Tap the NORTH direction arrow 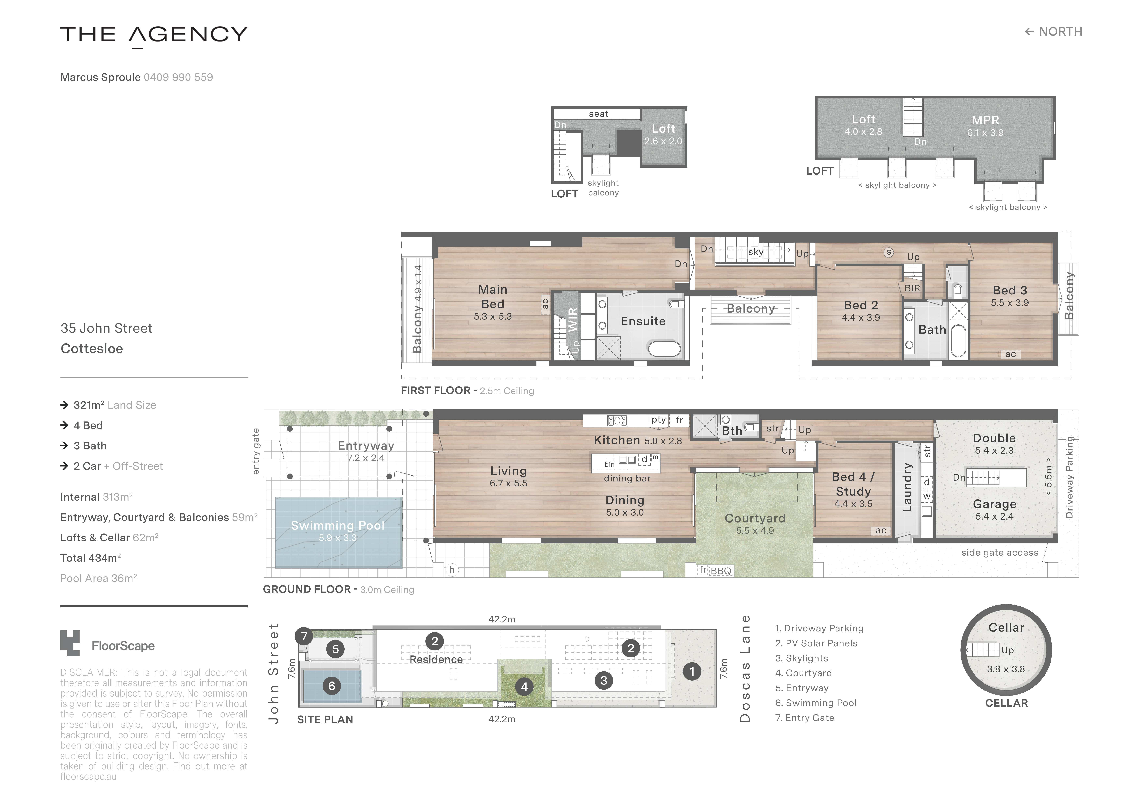(1029, 32)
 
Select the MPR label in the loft (985, 120)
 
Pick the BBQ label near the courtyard (721, 571)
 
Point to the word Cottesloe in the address (91, 349)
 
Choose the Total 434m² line (91, 558)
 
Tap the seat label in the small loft (598, 114)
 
